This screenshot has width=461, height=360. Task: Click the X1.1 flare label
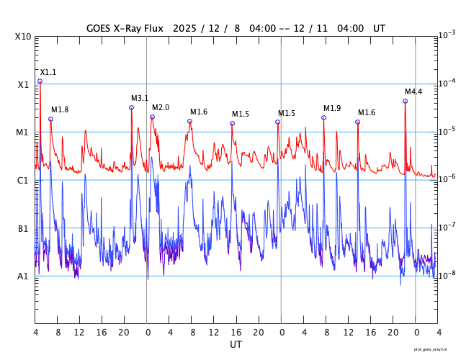click(x=48, y=73)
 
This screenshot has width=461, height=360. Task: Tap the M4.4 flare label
click(x=413, y=92)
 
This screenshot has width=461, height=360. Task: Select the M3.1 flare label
click(x=140, y=99)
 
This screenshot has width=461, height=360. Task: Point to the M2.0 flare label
click(x=161, y=108)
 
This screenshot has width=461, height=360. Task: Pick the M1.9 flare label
click(x=332, y=108)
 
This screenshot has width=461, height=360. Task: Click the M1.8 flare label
click(x=60, y=110)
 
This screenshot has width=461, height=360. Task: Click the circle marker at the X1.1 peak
click(x=40, y=81)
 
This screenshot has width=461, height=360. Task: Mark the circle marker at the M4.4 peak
click(x=405, y=101)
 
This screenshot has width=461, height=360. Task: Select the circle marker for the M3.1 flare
click(x=131, y=107)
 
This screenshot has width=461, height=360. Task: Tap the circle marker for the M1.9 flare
click(x=323, y=117)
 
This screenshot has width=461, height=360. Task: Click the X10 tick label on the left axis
click(x=23, y=37)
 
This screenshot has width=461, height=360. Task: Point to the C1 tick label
click(x=23, y=181)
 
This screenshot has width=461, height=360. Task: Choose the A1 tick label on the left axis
click(x=23, y=276)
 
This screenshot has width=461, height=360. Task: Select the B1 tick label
click(x=23, y=229)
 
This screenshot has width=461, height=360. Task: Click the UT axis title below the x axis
click(x=236, y=345)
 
